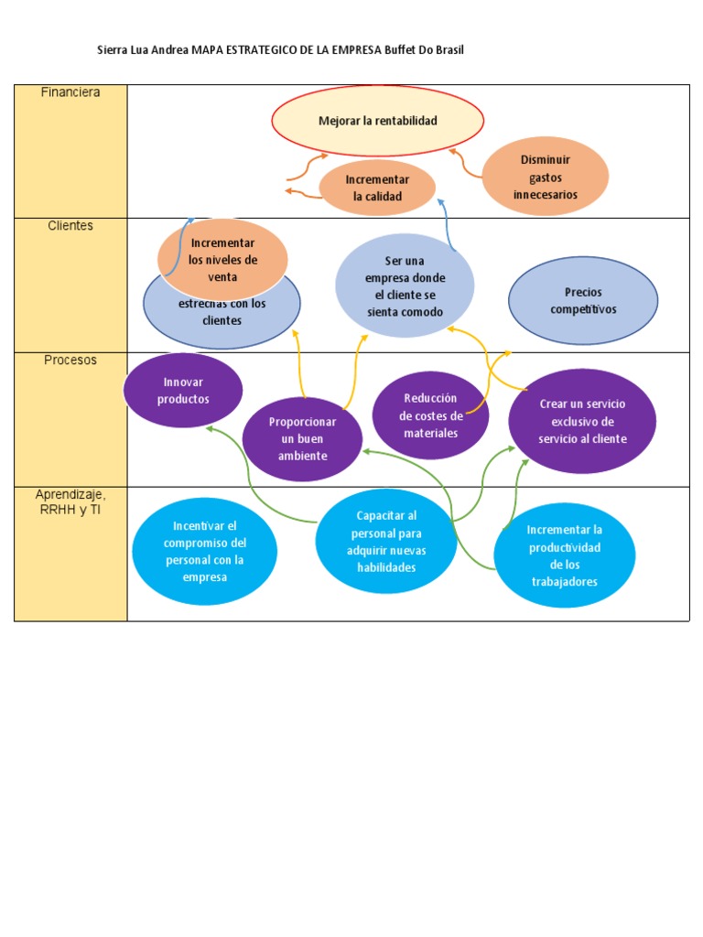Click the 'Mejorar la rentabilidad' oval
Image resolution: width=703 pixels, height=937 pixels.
point(377,121)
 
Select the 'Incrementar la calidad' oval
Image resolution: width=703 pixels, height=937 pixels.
point(377,188)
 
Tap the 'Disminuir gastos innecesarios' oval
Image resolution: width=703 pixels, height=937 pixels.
point(545,178)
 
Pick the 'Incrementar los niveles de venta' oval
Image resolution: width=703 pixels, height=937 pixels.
point(222,259)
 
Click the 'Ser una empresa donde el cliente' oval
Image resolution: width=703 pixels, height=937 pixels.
point(405,286)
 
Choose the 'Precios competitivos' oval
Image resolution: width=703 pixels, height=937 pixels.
point(583,301)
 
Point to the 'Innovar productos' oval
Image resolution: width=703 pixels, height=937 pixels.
point(183,391)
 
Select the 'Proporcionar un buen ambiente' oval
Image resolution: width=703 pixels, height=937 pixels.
point(302,438)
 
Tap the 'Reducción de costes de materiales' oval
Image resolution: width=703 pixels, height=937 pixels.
point(430,415)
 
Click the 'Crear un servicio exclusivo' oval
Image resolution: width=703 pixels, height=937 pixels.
point(582,422)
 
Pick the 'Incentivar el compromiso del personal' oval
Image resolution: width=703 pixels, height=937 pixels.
point(204,552)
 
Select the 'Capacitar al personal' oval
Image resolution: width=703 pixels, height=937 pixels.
point(385,542)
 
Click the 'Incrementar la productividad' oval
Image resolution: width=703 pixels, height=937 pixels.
point(564,555)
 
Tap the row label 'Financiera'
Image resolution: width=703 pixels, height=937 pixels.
point(70,92)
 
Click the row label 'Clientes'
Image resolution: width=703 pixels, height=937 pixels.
point(70,226)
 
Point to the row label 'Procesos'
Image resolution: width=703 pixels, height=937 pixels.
point(70,361)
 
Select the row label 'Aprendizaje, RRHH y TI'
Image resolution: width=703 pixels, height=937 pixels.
point(70,501)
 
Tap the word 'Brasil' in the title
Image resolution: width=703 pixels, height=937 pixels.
point(449,50)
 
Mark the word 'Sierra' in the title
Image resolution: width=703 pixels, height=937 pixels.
point(113,50)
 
